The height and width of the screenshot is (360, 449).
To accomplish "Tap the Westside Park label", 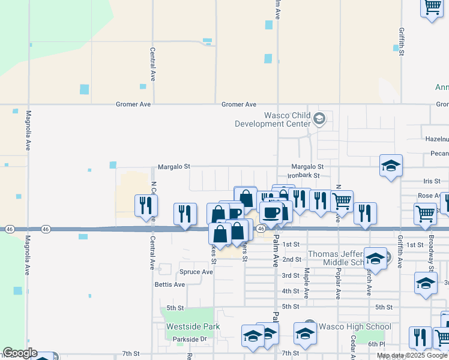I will (x=193, y=326).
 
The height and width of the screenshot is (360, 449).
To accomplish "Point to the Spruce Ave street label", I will (x=196, y=272).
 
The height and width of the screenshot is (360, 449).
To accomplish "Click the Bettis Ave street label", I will (x=170, y=284).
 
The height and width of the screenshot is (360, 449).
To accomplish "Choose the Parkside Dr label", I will (x=189, y=339).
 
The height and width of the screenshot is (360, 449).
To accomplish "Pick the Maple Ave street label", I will (x=306, y=283).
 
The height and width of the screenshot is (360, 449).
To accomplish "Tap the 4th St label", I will (x=291, y=291).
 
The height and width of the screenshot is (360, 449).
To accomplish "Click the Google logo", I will (x=19, y=353).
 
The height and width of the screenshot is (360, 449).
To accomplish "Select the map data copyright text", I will (x=412, y=355).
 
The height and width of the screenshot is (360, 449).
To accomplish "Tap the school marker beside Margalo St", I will (x=391, y=166).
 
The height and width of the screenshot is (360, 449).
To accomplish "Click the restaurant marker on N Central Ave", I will (x=146, y=206).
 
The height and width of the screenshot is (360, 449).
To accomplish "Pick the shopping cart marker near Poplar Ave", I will (x=342, y=201).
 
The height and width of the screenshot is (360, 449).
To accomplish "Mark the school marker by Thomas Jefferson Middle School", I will (x=375, y=259).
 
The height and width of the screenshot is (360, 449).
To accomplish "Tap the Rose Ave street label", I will (x=429, y=196).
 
